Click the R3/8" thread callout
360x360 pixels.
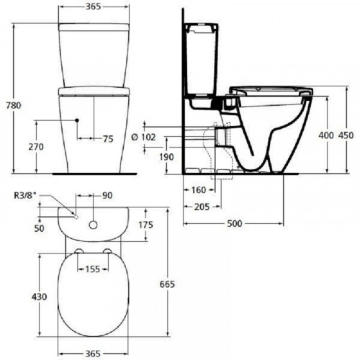click(27, 195)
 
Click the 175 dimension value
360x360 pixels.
click(147, 225)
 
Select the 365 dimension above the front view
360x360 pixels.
click(90, 6)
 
